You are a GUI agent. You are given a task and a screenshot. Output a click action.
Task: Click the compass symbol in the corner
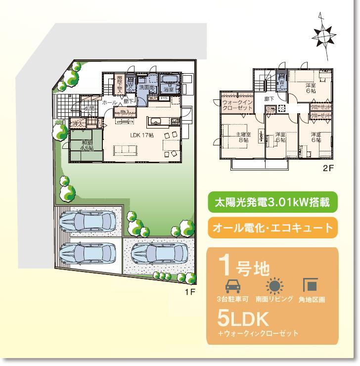point(322,36)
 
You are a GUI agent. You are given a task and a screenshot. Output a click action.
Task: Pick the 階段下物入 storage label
point(119,84)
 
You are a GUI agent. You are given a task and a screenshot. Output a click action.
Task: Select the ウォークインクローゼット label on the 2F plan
point(236,105)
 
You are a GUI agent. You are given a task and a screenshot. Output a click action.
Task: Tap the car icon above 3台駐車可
point(232,286)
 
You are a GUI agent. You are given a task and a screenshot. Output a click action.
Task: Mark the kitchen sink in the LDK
point(153,121)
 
